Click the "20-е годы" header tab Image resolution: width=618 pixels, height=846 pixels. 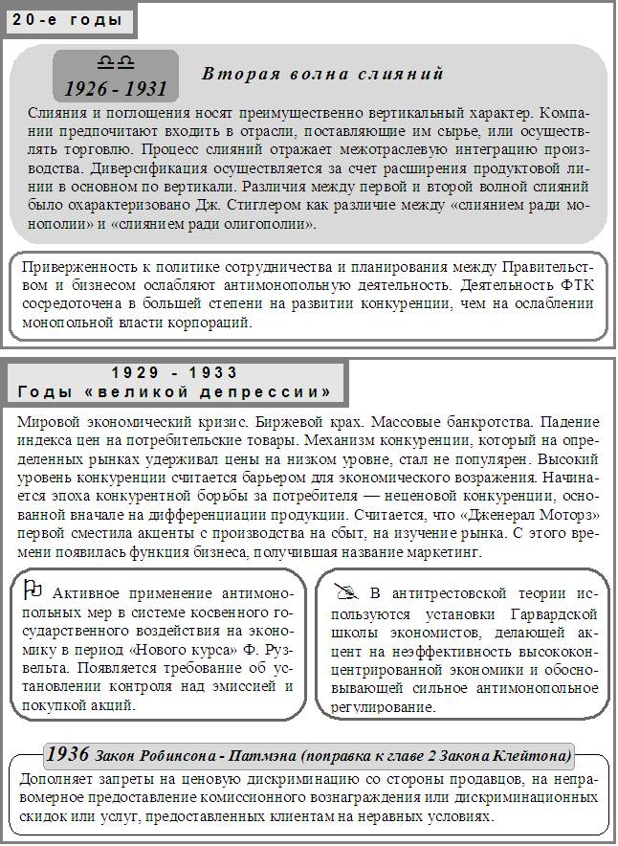(x=67, y=19)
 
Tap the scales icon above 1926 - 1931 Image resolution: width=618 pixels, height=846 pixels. (x=115, y=63)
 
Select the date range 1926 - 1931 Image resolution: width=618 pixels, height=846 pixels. (x=116, y=89)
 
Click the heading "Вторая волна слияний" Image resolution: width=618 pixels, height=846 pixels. (x=323, y=74)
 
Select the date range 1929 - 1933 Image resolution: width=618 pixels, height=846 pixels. (x=174, y=372)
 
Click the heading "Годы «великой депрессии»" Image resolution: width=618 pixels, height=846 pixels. (x=174, y=392)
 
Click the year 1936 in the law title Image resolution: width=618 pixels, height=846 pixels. (x=69, y=752)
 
